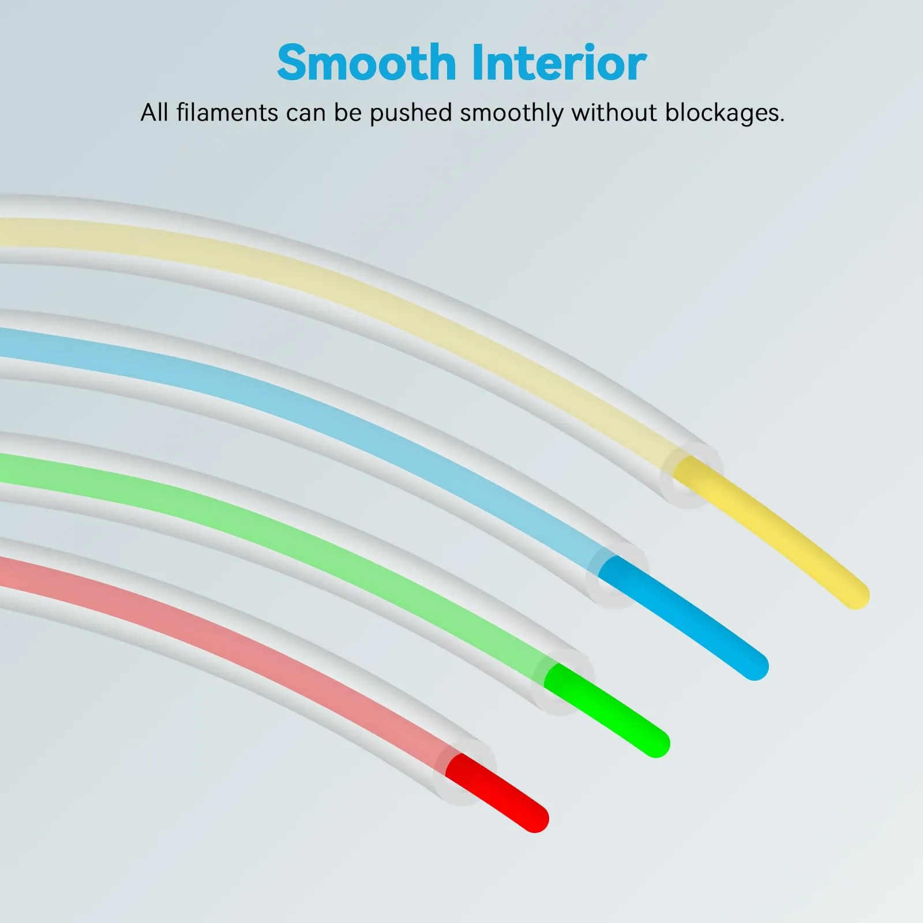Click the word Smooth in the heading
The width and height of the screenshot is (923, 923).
[x=366, y=62]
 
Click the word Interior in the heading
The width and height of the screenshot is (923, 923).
[x=559, y=62]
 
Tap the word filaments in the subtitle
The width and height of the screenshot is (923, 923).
[x=227, y=112]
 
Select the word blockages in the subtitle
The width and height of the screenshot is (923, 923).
[x=725, y=112]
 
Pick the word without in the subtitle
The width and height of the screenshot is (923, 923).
[x=614, y=112]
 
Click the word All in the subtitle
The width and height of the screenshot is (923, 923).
[x=155, y=112]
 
